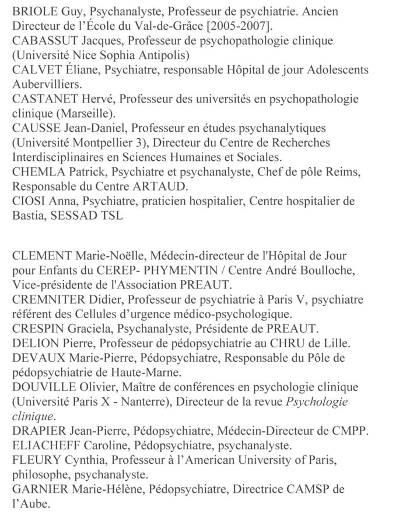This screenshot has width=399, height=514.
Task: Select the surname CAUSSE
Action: click(x=33, y=128)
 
